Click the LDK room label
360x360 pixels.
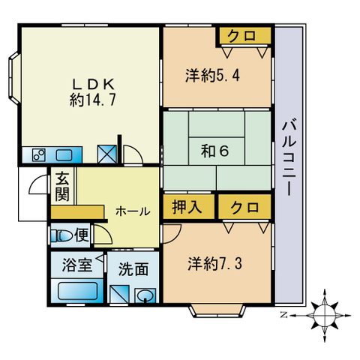click(92, 93)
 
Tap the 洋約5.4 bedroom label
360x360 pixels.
click(212, 75)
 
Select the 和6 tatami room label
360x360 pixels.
click(215, 151)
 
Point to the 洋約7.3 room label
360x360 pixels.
click(214, 264)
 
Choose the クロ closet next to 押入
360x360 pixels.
click(244, 207)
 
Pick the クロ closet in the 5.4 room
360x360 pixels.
click(245, 36)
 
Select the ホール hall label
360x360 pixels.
click(133, 211)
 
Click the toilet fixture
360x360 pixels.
click(61, 235)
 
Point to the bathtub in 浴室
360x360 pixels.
click(77, 290)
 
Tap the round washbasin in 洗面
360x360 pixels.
click(145, 295)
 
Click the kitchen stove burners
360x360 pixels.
click(39, 155)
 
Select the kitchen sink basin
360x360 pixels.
click(64, 155)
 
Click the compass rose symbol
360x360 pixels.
click(325, 316)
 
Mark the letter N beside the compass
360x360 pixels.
click(283, 315)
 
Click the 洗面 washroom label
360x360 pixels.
click(133, 269)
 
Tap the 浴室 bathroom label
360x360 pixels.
click(77, 265)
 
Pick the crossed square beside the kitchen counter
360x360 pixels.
click(106, 154)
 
